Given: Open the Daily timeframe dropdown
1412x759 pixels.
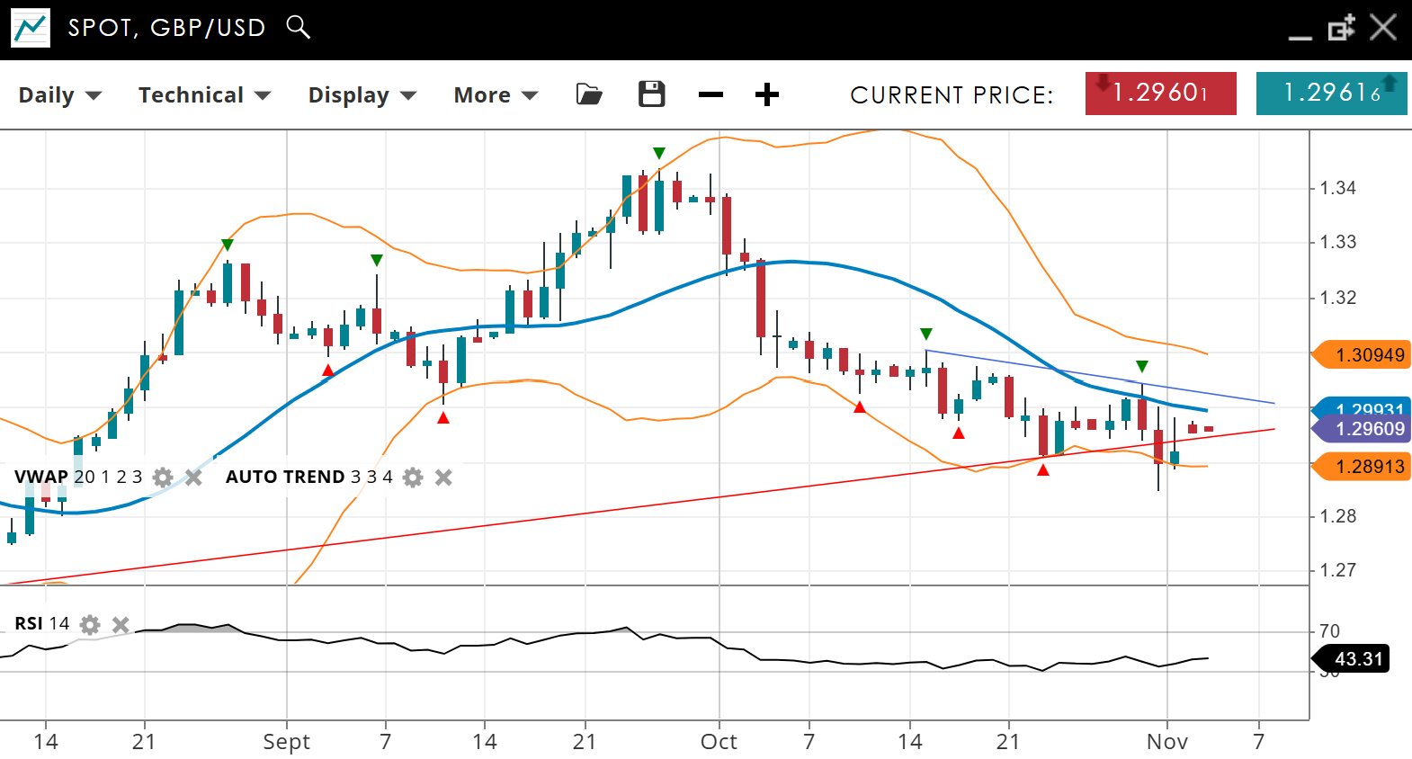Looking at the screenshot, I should click(59, 95).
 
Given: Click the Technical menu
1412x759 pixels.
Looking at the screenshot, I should click(203, 95).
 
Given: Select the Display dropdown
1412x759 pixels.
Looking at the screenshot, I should click(362, 95).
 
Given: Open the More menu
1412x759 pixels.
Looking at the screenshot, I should click(495, 95).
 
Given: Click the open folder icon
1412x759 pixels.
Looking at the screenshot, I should click(589, 94).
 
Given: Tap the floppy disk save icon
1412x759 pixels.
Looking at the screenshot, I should click(651, 94).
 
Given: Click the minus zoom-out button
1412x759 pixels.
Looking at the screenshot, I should click(710, 94).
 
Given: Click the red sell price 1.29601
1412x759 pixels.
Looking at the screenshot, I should click(1160, 94).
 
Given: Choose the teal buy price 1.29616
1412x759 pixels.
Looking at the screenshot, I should click(1331, 94).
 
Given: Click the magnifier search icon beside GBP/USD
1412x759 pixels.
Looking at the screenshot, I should click(298, 27).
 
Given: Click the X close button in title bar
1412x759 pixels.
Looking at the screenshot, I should click(1382, 27).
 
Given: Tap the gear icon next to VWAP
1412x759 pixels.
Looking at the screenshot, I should click(163, 478).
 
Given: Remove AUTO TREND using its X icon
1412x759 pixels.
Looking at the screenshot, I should click(443, 478).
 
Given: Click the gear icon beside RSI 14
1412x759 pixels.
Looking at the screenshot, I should click(90, 624).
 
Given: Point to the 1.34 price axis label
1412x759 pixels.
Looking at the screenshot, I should click(1337, 188).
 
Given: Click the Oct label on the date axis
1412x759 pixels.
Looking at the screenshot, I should click(719, 742).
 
